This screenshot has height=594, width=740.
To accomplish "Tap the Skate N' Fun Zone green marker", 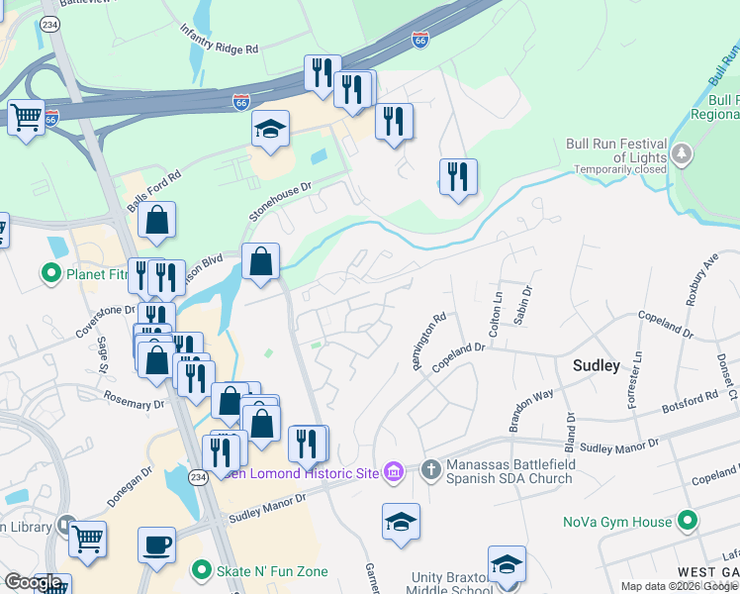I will [x=203, y=571].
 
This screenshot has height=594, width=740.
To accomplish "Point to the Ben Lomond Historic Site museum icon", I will [x=394, y=472].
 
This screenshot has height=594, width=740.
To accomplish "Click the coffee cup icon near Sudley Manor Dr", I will [x=156, y=544].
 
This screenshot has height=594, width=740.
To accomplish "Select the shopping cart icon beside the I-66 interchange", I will [x=27, y=117].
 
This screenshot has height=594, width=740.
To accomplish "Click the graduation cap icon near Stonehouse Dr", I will [x=269, y=129].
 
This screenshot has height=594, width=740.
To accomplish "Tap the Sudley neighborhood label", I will [x=597, y=365].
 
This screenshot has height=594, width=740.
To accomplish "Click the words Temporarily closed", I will [x=619, y=170].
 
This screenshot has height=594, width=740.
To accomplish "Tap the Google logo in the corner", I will [x=34, y=582].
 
